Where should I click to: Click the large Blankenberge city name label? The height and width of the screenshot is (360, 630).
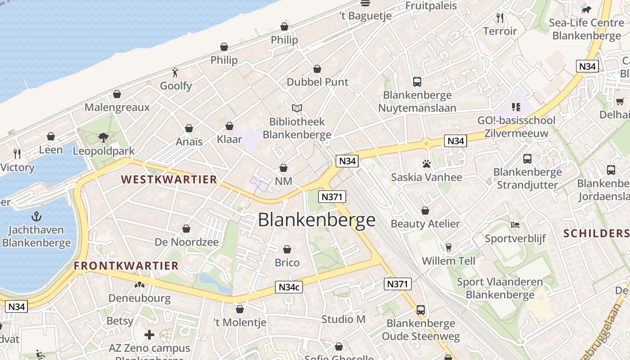316,220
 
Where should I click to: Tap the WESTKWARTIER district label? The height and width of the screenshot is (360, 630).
169,180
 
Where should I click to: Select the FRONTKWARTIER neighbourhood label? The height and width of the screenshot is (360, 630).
126,266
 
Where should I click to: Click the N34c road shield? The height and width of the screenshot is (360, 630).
289,287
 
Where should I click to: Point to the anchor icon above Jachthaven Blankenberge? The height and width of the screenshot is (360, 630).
36,217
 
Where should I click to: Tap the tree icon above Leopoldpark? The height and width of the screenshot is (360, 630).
103,137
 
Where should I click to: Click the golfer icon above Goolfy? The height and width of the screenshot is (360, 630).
175,72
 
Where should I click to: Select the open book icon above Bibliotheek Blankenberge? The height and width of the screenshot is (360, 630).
297,108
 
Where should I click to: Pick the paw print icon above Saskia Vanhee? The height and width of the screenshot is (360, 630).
426,164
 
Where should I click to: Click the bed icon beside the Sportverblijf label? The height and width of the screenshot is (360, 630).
515,225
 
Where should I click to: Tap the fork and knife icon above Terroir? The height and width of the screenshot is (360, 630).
500,18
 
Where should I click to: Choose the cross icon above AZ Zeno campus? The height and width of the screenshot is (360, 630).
149,335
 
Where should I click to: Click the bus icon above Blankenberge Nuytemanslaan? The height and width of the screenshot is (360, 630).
417,82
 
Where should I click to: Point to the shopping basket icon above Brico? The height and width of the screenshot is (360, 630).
287,249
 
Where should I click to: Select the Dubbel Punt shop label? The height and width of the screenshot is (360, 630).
318,82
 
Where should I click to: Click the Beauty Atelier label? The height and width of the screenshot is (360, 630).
425,224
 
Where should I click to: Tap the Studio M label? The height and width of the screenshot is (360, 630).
343,319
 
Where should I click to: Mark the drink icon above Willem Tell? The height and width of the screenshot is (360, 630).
448,247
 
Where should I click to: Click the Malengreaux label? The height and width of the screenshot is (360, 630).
117,107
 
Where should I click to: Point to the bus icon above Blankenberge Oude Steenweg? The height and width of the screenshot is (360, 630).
421,310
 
